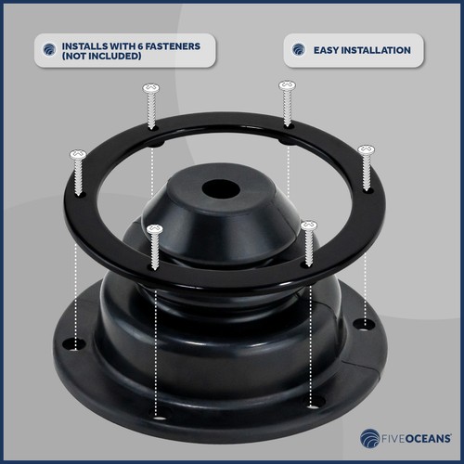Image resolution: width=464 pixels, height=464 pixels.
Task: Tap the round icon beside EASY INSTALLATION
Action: tap(298, 49)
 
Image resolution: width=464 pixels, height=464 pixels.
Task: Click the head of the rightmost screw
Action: tap(366, 149)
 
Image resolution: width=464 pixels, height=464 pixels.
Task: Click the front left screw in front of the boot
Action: tap(155, 229)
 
